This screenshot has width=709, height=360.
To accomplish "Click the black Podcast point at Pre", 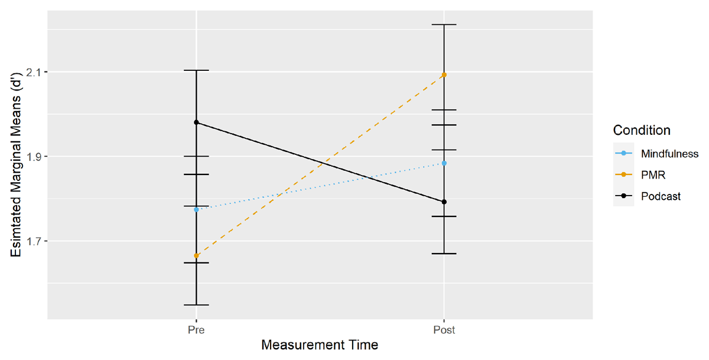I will click(x=197, y=122).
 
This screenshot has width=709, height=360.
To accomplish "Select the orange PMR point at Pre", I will click(x=197, y=256).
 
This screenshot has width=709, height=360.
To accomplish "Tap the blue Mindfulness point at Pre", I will click(x=197, y=209).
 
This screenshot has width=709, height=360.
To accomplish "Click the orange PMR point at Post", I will click(x=444, y=75).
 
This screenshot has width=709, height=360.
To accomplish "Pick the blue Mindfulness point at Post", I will click(x=444, y=163).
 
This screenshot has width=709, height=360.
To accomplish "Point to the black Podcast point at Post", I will click(x=444, y=202).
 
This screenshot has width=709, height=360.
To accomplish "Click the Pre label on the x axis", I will click(x=197, y=329).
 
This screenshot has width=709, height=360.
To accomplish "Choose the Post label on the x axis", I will click(x=444, y=329).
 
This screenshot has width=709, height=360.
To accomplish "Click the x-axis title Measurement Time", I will click(x=320, y=345).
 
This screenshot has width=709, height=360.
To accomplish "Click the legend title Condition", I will click(x=642, y=130).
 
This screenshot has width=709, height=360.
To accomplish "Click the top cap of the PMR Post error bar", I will click(x=444, y=25).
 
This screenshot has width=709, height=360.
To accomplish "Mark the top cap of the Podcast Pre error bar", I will click(x=197, y=70).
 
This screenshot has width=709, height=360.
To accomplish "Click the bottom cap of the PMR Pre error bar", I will click(x=197, y=305).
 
